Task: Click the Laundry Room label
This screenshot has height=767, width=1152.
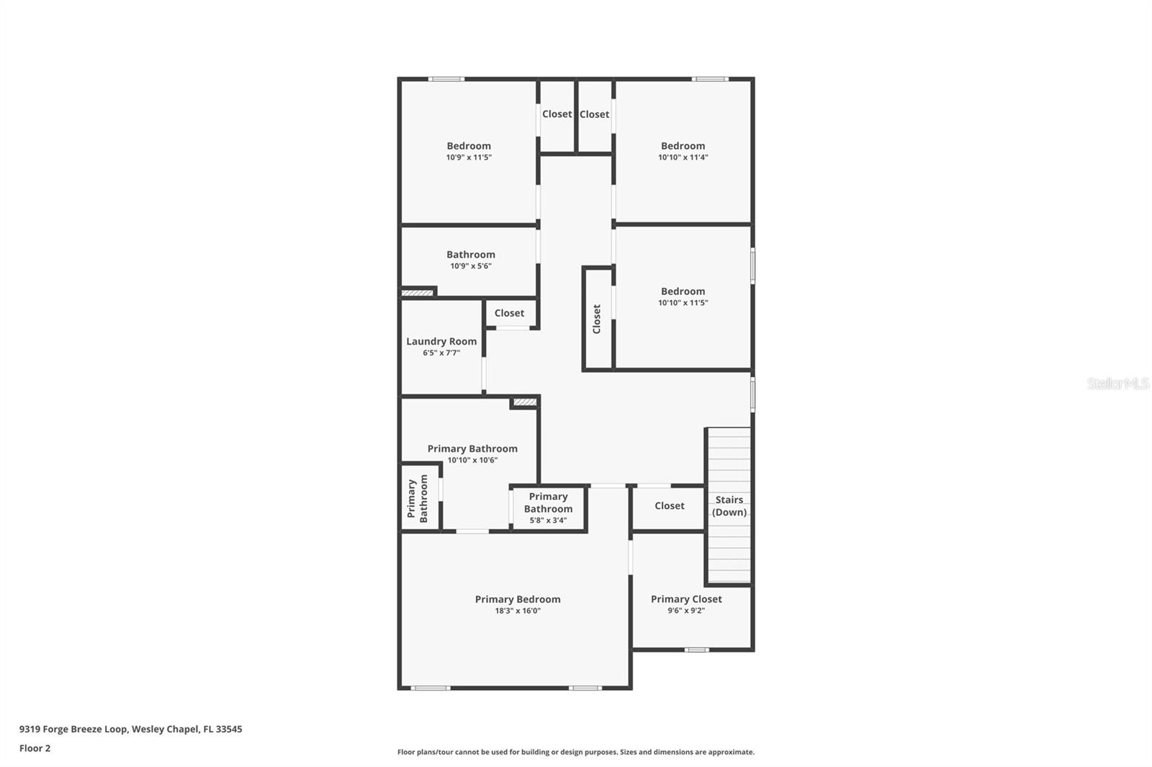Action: (441, 342)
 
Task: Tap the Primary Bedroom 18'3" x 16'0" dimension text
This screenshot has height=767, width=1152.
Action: (518, 611)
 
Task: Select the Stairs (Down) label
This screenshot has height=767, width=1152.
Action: (729, 506)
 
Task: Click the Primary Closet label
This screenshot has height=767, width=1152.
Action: (686, 599)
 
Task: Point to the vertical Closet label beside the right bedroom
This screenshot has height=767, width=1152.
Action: (597, 319)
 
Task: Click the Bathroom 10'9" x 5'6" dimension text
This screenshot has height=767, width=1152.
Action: (471, 266)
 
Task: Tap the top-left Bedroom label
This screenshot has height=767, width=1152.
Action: (469, 146)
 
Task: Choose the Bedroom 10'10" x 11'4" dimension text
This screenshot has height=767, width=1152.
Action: (683, 158)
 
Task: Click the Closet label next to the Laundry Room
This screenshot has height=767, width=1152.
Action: (509, 313)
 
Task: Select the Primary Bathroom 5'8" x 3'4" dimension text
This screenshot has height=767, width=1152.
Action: (548, 520)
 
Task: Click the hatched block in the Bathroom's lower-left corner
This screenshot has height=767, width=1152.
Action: (417, 293)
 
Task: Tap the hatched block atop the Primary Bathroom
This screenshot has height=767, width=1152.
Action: (524, 402)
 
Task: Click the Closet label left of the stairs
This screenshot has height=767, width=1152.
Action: (669, 506)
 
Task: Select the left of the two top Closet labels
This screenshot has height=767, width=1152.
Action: (557, 114)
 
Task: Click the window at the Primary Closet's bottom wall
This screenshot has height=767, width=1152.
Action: (696, 650)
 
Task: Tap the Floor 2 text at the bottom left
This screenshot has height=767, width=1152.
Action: (35, 748)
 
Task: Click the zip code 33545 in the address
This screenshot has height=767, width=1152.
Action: (230, 729)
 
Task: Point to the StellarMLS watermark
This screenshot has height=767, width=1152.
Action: (1117, 383)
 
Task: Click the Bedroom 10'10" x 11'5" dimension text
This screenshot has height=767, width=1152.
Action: (683, 303)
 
